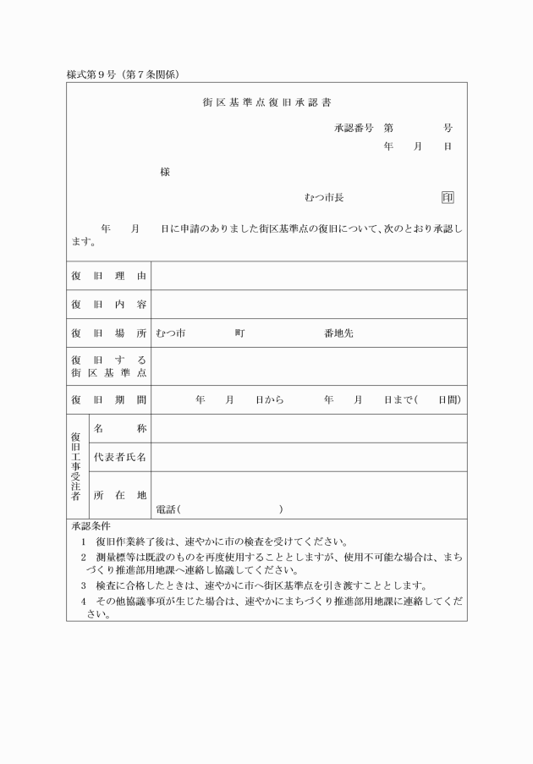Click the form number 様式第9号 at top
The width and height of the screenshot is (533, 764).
(x=96, y=74)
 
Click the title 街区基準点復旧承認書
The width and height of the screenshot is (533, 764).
(x=266, y=104)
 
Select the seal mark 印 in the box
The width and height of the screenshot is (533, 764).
(x=448, y=197)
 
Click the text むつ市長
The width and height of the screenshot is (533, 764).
(x=323, y=197)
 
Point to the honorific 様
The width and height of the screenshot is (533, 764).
(x=165, y=173)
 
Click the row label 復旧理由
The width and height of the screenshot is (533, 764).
(x=108, y=276)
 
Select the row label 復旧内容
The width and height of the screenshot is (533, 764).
(x=108, y=305)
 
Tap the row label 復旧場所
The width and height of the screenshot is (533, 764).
(x=108, y=333)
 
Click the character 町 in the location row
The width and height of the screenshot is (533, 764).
(x=240, y=333)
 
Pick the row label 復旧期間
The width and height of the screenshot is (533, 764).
(x=108, y=399)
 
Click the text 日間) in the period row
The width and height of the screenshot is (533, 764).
(x=448, y=399)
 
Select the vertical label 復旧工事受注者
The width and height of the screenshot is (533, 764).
(x=77, y=466)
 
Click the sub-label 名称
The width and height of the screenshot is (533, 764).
(x=120, y=428)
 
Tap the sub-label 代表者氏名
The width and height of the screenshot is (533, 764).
(x=120, y=457)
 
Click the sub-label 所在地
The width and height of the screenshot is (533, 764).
(x=120, y=495)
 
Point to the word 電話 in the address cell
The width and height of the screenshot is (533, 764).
(x=166, y=509)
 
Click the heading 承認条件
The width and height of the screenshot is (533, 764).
(x=91, y=526)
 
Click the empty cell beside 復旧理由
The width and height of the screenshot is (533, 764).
(x=309, y=276)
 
